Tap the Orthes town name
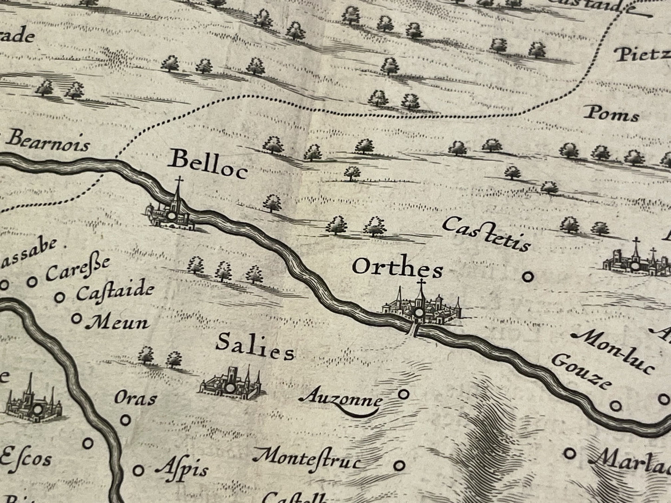397,268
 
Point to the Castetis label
486,233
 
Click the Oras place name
135,398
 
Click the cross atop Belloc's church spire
177,181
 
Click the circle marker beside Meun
77,318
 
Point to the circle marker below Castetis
527,277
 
